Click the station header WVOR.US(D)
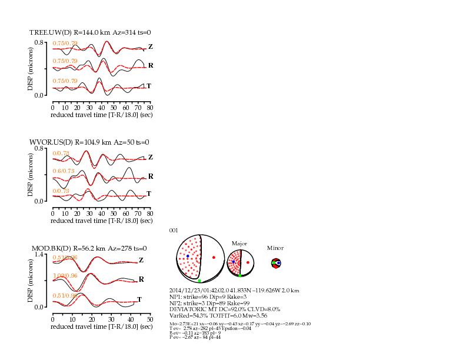tap(51, 142)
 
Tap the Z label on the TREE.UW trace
tap(150, 46)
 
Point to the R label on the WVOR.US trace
tap(150, 176)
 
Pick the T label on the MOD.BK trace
tap(139, 299)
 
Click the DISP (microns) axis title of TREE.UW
tap(31, 69)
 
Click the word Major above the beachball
tap(239, 243)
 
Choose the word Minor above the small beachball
tap(275, 248)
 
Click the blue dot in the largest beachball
tap(188, 256)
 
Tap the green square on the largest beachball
tap(199, 281)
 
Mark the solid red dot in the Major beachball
tap(248, 262)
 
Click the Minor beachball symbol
tap(275, 263)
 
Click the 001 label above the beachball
tap(173, 230)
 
